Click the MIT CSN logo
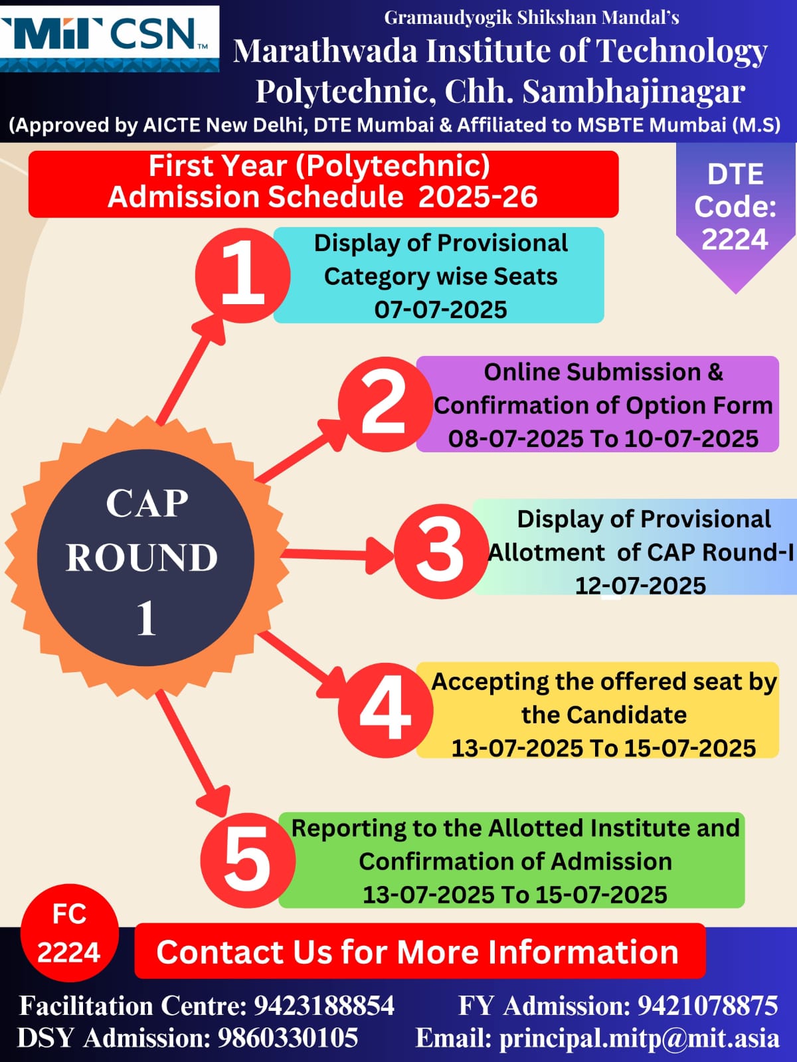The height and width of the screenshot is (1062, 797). pos(110,39)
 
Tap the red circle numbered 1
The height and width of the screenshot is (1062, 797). pos(243,276)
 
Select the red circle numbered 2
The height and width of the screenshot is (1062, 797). pos(385,404)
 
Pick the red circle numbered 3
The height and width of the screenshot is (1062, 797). pos(441,551)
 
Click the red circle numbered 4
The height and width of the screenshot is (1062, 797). pos(385,710)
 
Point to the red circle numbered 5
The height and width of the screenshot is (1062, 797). pos(248,860)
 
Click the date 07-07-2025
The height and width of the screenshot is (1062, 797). pos(440,310)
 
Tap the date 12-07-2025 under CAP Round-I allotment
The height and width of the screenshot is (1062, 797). pos(640,586)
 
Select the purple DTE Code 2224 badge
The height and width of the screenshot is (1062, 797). pos(736,213)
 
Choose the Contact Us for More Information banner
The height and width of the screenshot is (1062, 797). pos(420,951)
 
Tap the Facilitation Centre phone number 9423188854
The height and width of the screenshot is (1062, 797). pos(324,1006)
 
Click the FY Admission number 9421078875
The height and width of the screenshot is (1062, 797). pos(708,1006)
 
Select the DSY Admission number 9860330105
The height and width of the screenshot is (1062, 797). pos(288,1037)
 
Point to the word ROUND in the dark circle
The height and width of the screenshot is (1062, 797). pos(141,557)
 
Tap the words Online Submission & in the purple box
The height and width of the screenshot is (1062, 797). pos(604,372)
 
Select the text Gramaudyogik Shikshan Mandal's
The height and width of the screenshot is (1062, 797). pos(531,18)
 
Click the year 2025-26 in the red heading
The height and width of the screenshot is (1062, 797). pos(478,197)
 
